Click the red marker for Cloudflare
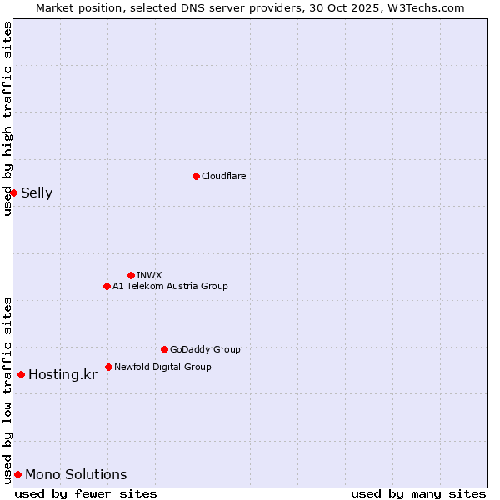196,176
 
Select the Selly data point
13,192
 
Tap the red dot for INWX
131,275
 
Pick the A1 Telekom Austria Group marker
107,286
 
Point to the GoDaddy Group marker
164,349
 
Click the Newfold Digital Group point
108,367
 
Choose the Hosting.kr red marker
21,374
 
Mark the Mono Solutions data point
17,474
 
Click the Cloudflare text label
223,176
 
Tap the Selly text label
37,193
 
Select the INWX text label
149,275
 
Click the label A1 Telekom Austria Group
170,286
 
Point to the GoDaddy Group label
205,349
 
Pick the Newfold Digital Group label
162,367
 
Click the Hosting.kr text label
62,375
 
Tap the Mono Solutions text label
76,475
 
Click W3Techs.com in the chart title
426,7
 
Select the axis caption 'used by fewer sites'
86,493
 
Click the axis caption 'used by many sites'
418,493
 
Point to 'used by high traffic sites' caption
8,118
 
